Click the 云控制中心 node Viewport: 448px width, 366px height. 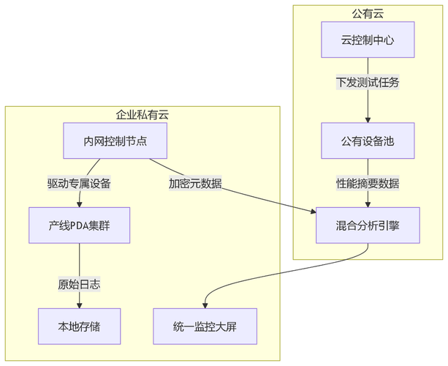click(368, 40)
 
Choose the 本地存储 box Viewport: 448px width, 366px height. click(79, 326)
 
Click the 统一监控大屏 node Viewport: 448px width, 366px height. click(205, 326)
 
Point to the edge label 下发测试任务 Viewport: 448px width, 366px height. click(368, 83)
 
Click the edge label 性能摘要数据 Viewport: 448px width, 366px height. click(368, 183)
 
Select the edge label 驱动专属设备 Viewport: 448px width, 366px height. click(79, 183)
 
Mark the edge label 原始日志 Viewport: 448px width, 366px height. click(79, 284)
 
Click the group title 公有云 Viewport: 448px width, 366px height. click(368, 13)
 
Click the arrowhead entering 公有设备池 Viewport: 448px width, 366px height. click(368, 119)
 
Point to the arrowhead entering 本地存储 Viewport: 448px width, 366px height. click(79, 305)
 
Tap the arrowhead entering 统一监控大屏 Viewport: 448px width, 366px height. click(205, 305)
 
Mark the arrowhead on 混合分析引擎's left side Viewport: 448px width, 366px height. click(312, 212)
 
